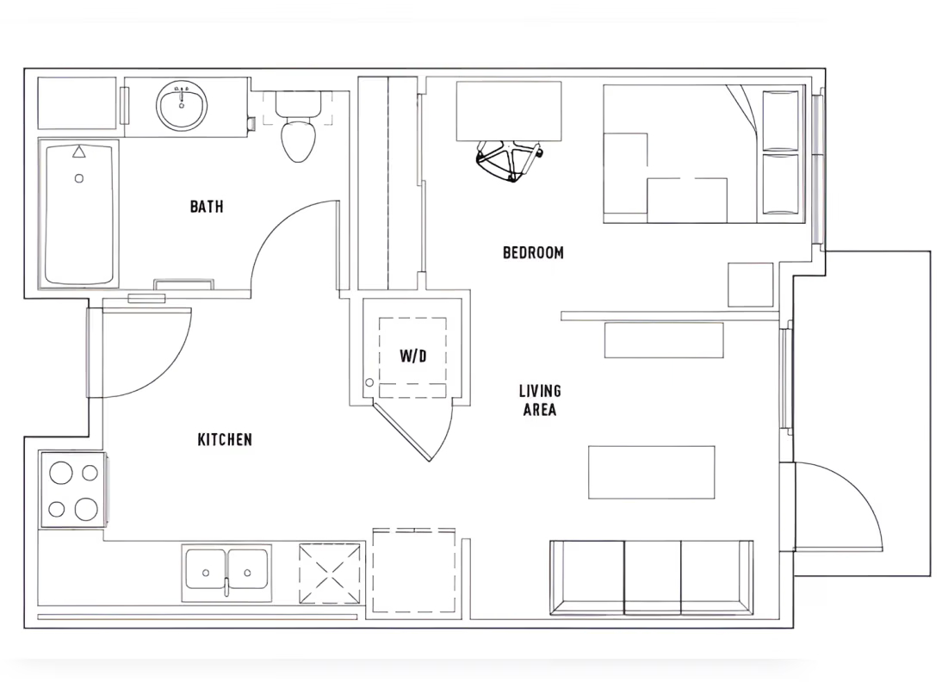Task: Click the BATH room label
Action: click(x=207, y=207)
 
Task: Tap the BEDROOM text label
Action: click(x=533, y=252)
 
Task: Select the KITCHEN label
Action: click(x=225, y=440)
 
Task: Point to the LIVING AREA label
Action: click(x=540, y=400)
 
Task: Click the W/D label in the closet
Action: click(x=412, y=356)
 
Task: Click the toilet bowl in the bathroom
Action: click(x=298, y=139)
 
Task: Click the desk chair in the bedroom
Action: click(x=508, y=160)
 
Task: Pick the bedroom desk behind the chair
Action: click(x=508, y=110)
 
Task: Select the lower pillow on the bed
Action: click(x=781, y=183)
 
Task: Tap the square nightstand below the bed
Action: click(x=750, y=284)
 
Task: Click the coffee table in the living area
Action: click(x=651, y=472)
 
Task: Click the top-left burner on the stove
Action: click(x=61, y=473)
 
